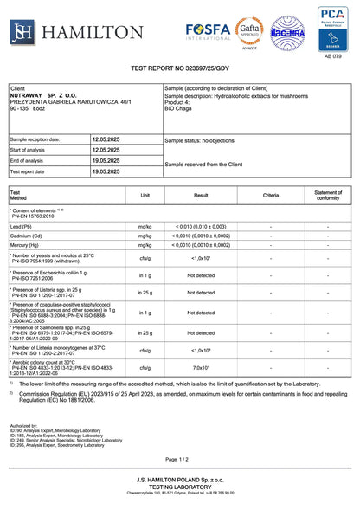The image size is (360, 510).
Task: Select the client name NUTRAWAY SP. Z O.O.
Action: [x=45, y=95]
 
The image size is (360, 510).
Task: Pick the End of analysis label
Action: [x=29, y=160]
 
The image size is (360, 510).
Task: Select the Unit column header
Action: [x=145, y=196]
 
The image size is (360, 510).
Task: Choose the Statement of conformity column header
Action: [x=328, y=196]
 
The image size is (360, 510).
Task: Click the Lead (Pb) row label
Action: [x=24, y=226]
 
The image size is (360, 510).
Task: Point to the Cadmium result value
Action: [x=201, y=236]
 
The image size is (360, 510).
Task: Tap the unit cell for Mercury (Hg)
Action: [x=145, y=245]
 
